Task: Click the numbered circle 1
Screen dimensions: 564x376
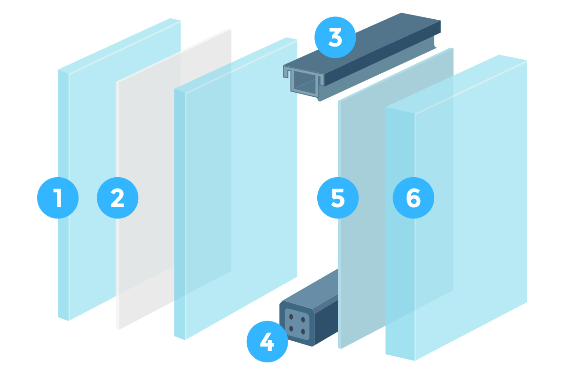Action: (x=58, y=198)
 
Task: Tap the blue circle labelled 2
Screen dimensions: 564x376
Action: (x=117, y=198)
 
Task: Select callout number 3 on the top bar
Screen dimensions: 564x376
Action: (x=335, y=38)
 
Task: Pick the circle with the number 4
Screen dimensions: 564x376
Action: (x=267, y=342)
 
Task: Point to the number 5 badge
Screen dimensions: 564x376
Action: (x=338, y=198)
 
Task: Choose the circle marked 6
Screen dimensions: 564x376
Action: (x=414, y=198)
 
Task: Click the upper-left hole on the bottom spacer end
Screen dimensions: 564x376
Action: (x=291, y=317)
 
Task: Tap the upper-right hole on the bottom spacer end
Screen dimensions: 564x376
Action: (x=303, y=320)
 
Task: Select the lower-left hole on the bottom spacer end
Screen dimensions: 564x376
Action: (x=291, y=329)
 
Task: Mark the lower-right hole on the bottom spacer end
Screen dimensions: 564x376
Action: (x=303, y=331)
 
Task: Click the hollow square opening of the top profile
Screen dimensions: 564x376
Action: (x=305, y=83)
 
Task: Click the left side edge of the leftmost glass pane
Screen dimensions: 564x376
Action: (x=63, y=195)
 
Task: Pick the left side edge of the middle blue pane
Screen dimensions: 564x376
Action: (x=180, y=214)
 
